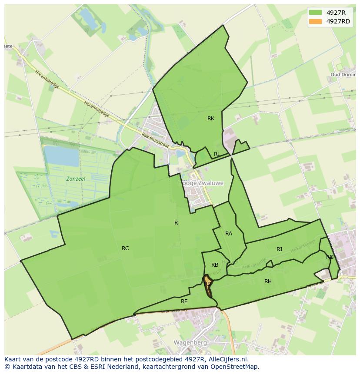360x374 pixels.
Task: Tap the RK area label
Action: tap(211, 119)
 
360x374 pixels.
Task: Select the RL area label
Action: tap(217, 154)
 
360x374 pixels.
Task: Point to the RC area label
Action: tap(125, 248)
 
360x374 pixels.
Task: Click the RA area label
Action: tap(229, 234)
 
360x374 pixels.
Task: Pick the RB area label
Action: tap(215, 265)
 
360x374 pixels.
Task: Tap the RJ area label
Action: tap(279, 249)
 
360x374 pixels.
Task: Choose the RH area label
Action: tap(268, 281)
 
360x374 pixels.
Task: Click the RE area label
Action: tap(184, 301)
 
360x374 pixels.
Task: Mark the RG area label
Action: tap(330, 257)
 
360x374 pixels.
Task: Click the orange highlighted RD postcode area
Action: tap(208, 285)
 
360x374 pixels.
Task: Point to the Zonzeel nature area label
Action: tap(76, 179)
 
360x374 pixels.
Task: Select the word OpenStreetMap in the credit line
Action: tap(235, 367)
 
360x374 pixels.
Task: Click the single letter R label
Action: tap(176, 223)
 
